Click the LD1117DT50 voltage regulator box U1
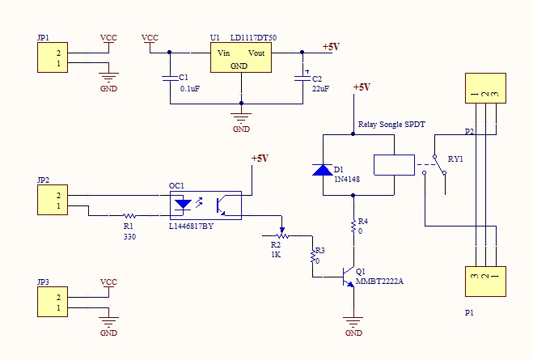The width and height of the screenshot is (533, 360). [x=240, y=57]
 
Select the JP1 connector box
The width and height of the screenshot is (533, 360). [x=52, y=58]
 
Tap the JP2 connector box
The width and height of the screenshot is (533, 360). [x=52, y=200]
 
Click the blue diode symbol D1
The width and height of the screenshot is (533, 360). [x=323, y=170]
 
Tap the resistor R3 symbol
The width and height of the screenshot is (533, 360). [x=312, y=256]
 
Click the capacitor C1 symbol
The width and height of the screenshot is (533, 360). [x=169, y=78]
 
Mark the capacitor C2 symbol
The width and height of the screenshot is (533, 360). [x=302, y=78]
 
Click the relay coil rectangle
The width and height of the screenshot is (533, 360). [x=395, y=164]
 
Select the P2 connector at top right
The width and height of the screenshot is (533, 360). [x=484, y=88]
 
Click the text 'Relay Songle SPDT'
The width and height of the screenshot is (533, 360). [x=391, y=125]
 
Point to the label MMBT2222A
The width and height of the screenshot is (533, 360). [x=379, y=282]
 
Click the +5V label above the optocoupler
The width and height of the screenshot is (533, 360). [x=259, y=159]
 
